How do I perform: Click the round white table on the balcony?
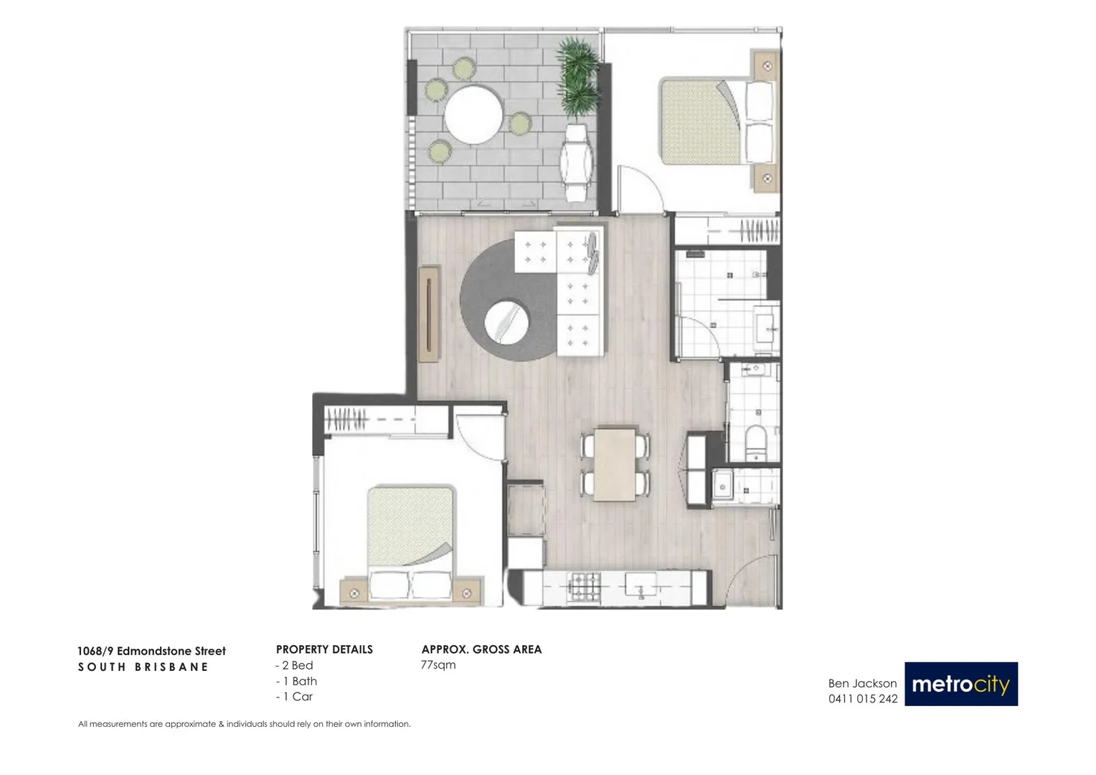pyautogui.click(x=473, y=115)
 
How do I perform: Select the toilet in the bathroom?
pyautogui.click(x=756, y=441)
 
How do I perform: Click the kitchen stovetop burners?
pyautogui.click(x=584, y=588)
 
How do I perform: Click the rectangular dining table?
pyautogui.click(x=615, y=464)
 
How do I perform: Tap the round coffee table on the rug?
pyautogui.click(x=506, y=321)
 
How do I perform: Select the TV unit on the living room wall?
pyautogui.click(x=429, y=314)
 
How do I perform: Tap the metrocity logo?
pyautogui.click(x=960, y=684)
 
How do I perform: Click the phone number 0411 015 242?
pyautogui.click(x=862, y=699)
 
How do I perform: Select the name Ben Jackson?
pyautogui.click(x=862, y=683)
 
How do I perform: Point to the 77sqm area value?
pyautogui.click(x=438, y=665)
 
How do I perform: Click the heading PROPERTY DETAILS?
pyautogui.click(x=324, y=649)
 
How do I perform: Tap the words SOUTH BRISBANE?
pyautogui.click(x=143, y=667)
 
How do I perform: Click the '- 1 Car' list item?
pyautogui.click(x=295, y=697)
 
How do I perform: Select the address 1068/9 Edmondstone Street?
pyautogui.click(x=151, y=651)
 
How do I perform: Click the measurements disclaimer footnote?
pyautogui.click(x=244, y=724)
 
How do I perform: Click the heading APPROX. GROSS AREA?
pyautogui.click(x=481, y=649)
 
